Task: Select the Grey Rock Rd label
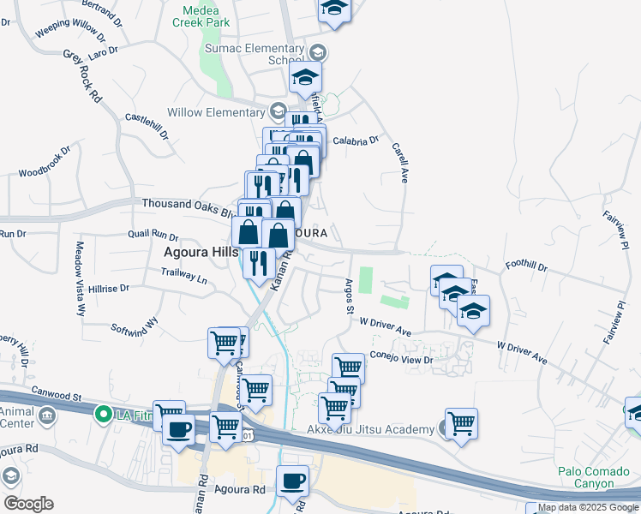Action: pos(83,76)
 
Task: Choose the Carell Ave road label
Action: pos(400,162)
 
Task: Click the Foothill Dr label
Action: pos(527,266)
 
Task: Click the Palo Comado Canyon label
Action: pos(587,477)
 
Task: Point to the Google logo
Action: pos(27,504)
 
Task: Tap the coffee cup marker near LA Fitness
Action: pos(178,429)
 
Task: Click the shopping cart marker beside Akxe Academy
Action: pos(461,422)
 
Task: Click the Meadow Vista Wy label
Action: pos(80,278)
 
